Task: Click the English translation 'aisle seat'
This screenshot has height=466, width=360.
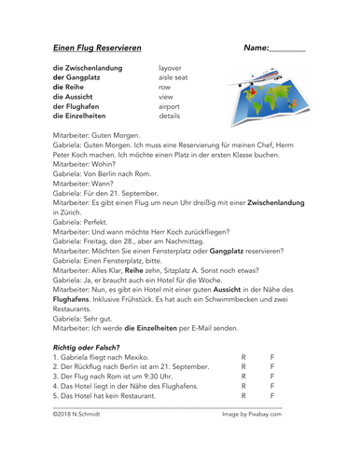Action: coord(173,77)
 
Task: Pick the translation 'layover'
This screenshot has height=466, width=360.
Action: coord(170,67)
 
